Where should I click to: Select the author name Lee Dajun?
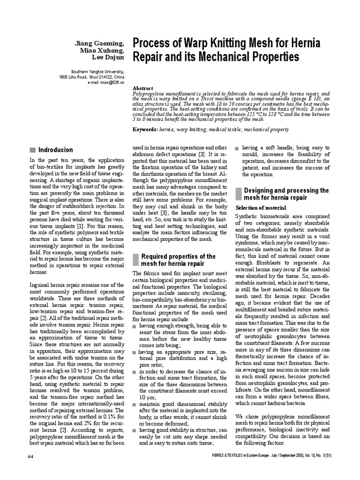tap(107, 58)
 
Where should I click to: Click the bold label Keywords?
tap(146, 129)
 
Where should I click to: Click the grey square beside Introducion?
tap(32, 150)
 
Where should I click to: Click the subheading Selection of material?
tap(259, 208)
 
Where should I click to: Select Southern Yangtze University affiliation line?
tap(97, 72)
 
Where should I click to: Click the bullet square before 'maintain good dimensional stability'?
tap(135, 404)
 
